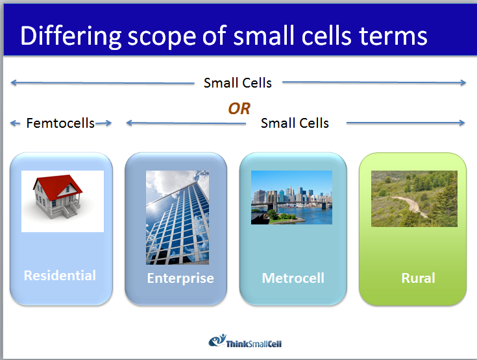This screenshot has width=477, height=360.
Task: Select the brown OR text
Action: coord(239,108)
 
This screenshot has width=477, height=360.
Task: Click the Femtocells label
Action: coord(60,123)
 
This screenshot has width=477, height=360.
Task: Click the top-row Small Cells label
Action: coord(238,82)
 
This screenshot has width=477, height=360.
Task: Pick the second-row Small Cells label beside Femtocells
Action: coord(295,123)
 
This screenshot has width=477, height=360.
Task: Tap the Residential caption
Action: coord(60,275)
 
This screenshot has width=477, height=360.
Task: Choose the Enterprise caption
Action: coord(180,278)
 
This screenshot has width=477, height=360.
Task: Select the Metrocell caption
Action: coord(293,278)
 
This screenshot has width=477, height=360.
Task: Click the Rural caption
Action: coord(418,278)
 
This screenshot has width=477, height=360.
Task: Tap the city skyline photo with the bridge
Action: coord(291,197)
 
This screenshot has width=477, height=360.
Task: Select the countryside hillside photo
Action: coord(414,198)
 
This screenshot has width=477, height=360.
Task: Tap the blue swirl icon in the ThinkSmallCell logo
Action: coord(215,341)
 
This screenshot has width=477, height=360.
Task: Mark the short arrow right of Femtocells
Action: coord(104,123)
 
